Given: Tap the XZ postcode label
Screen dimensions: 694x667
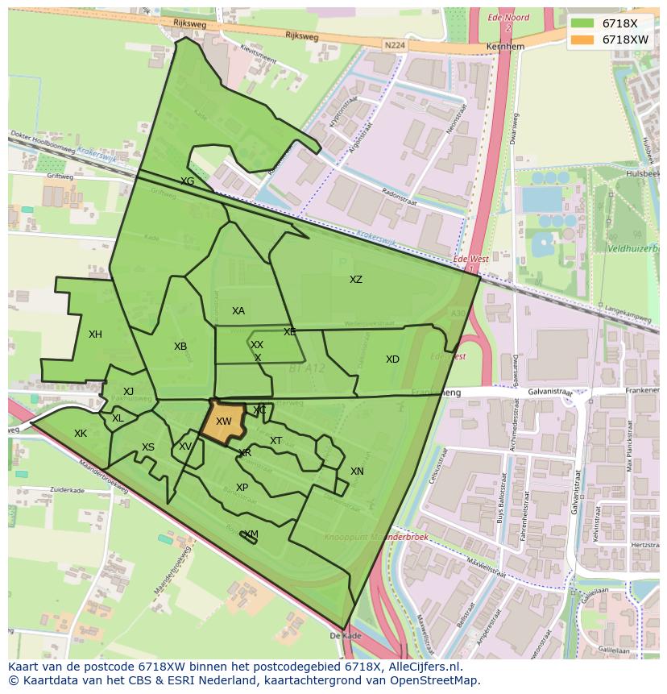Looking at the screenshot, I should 355,280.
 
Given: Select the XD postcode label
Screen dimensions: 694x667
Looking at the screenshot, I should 392,359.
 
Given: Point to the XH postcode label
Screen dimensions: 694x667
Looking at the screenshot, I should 95,335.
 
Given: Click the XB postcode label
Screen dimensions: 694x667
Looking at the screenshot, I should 180,347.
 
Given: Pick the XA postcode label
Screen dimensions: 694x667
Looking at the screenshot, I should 238,311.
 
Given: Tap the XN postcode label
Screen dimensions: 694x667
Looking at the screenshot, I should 357,472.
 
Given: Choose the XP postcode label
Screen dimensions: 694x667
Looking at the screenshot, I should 242,488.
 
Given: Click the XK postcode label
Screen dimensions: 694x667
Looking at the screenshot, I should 81,434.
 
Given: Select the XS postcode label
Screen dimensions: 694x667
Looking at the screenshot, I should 148,447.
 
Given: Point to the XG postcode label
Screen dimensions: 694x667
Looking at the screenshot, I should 188,181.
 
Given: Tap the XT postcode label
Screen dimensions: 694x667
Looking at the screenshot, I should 276,441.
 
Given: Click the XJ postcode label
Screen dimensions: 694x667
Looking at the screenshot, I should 128,392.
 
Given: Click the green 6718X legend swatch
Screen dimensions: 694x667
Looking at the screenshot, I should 582,23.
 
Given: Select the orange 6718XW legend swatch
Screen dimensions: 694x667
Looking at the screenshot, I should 582,39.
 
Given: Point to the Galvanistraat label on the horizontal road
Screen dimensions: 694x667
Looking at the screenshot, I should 550,393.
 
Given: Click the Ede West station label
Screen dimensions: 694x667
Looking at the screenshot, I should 471,260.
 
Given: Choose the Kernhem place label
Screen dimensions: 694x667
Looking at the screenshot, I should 505,47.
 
